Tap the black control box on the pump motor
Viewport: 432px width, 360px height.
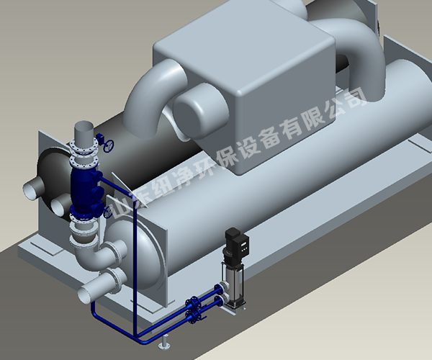click(242, 245)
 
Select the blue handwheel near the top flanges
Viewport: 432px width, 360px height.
click(109, 145)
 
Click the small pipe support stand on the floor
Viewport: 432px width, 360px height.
click(164, 342)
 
